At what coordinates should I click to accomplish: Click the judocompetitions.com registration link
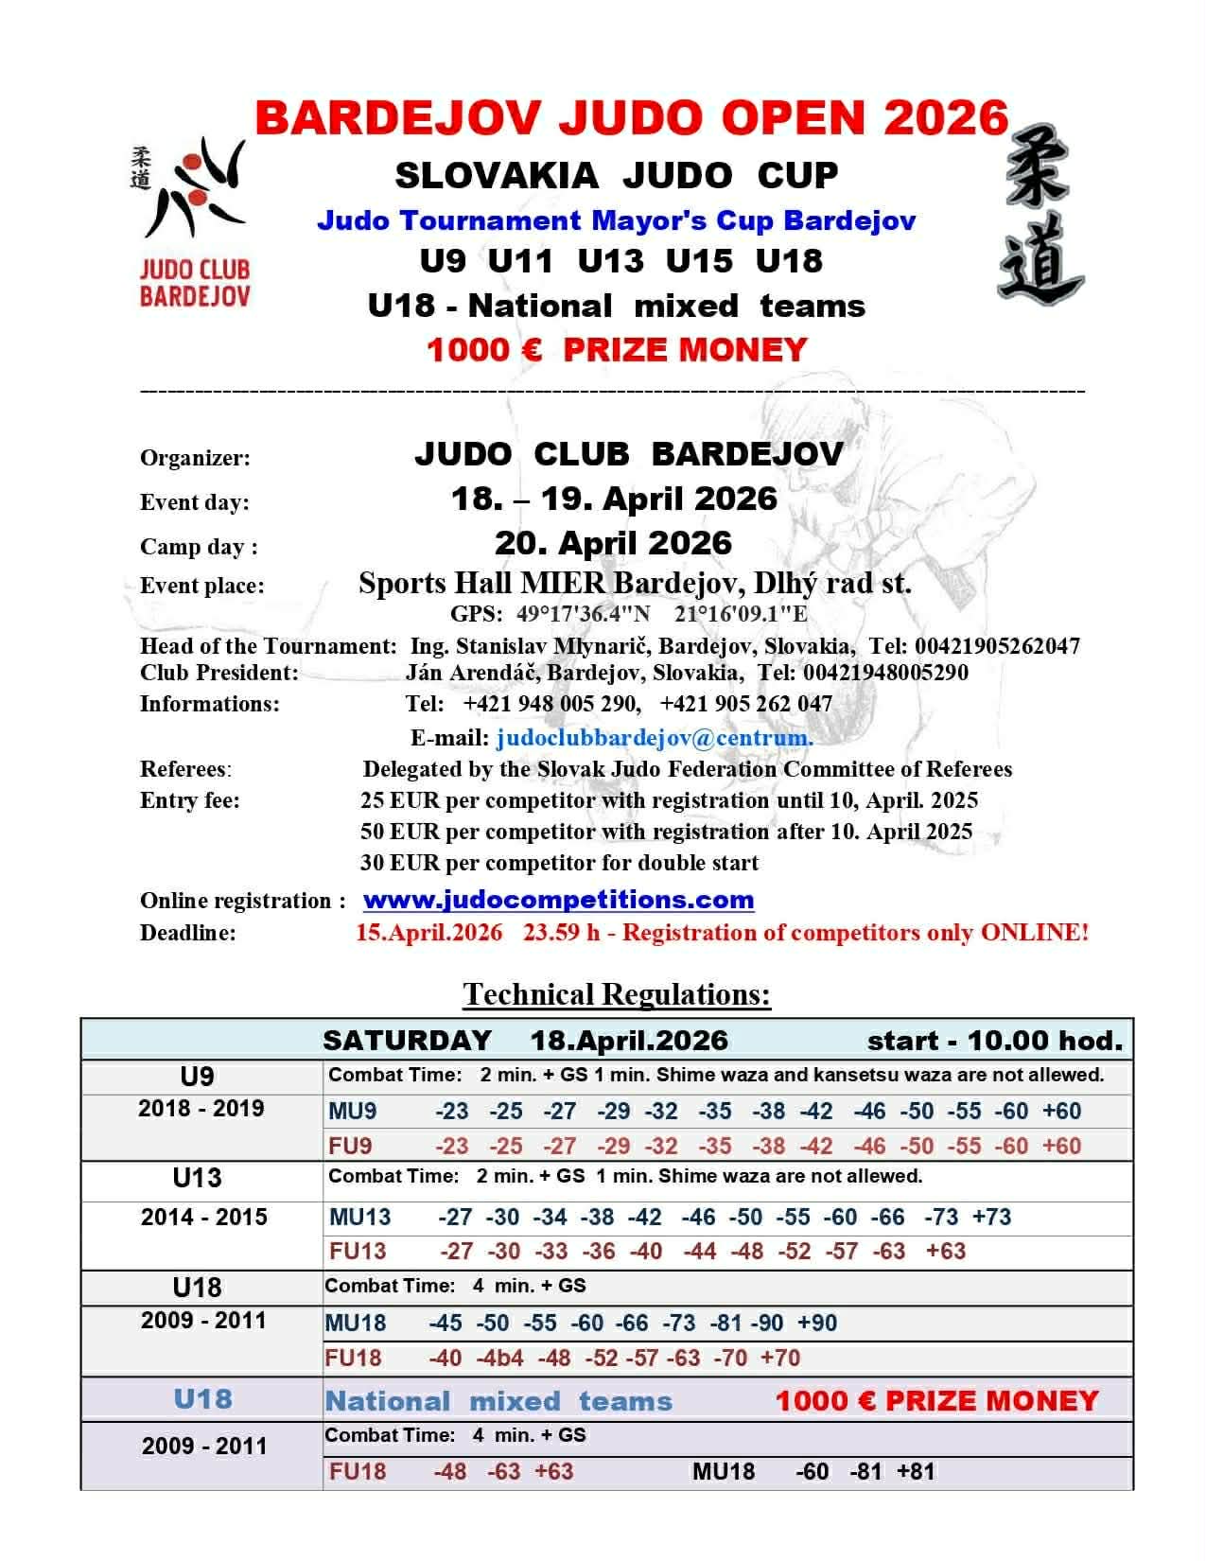tap(558, 900)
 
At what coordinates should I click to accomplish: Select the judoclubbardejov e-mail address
tap(654, 737)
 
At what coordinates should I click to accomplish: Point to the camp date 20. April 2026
tap(613, 543)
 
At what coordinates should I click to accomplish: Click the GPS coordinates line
tap(629, 614)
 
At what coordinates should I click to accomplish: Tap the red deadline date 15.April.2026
tap(428, 933)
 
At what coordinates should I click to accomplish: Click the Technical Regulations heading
tap(617, 994)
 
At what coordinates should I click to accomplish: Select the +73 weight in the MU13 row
tap(991, 1218)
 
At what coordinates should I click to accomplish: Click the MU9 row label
tap(352, 1112)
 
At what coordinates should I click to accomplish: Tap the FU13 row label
tap(358, 1252)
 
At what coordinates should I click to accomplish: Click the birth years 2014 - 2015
tap(203, 1218)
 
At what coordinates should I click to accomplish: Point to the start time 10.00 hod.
tap(1045, 1042)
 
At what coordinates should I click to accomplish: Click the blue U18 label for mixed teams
tap(202, 1399)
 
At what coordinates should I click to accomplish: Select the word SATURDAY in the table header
tap(407, 1042)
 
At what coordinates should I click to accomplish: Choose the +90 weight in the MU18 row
tap(816, 1324)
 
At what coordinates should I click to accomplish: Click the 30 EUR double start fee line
tap(559, 863)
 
